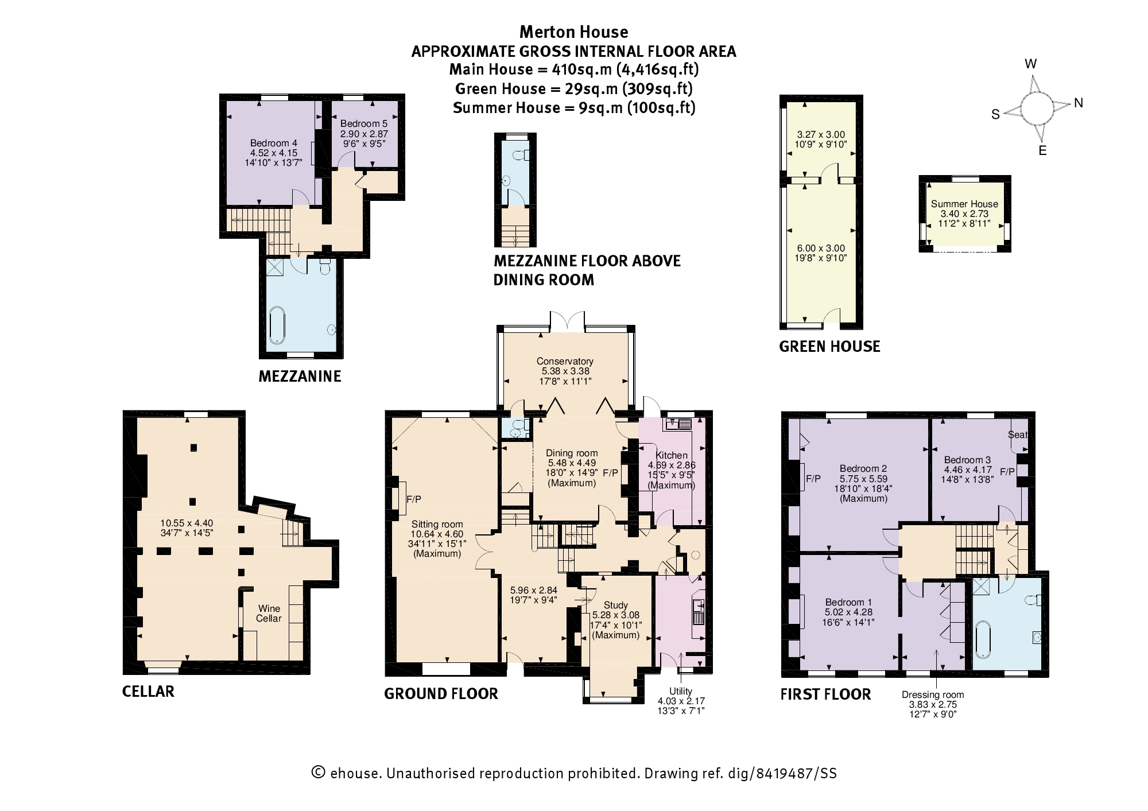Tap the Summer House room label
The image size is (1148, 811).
click(x=964, y=204)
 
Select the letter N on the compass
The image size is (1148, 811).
click(x=1079, y=103)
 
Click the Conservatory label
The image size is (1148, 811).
click(x=565, y=361)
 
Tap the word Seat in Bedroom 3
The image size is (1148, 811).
click(x=1017, y=434)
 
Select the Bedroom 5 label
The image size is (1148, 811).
click(x=364, y=123)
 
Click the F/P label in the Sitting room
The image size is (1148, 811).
click(x=413, y=500)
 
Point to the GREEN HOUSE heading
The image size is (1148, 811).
click(x=829, y=346)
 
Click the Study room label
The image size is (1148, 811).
click(x=615, y=605)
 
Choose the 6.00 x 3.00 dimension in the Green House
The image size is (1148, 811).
click(x=821, y=248)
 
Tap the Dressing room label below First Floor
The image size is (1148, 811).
click(x=933, y=694)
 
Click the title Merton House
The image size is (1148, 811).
click(x=573, y=32)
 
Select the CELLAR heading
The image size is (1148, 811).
click(x=148, y=691)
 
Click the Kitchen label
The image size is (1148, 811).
click(x=672, y=455)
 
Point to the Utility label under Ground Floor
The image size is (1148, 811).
click(x=681, y=691)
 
